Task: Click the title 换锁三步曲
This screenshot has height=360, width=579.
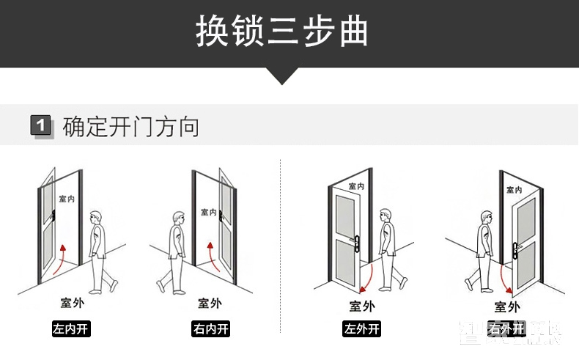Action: (x=281, y=33)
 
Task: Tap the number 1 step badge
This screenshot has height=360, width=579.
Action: (x=41, y=126)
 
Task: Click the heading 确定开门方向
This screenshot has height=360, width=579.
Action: (x=131, y=126)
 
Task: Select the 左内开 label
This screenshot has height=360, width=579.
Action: (x=71, y=328)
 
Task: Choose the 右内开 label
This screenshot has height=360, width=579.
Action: (x=210, y=328)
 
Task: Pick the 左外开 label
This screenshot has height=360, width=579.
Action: (x=362, y=328)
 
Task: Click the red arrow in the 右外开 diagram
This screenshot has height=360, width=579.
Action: (x=504, y=276)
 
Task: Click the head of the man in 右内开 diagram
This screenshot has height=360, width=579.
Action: (x=178, y=218)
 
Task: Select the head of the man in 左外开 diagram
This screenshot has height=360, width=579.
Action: (x=386, y=216)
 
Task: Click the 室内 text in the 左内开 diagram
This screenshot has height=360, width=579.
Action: (x=67, y=199)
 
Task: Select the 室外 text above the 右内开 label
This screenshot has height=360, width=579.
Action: (x=210, y=303)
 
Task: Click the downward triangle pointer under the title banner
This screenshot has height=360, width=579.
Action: (x=281, y=76)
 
